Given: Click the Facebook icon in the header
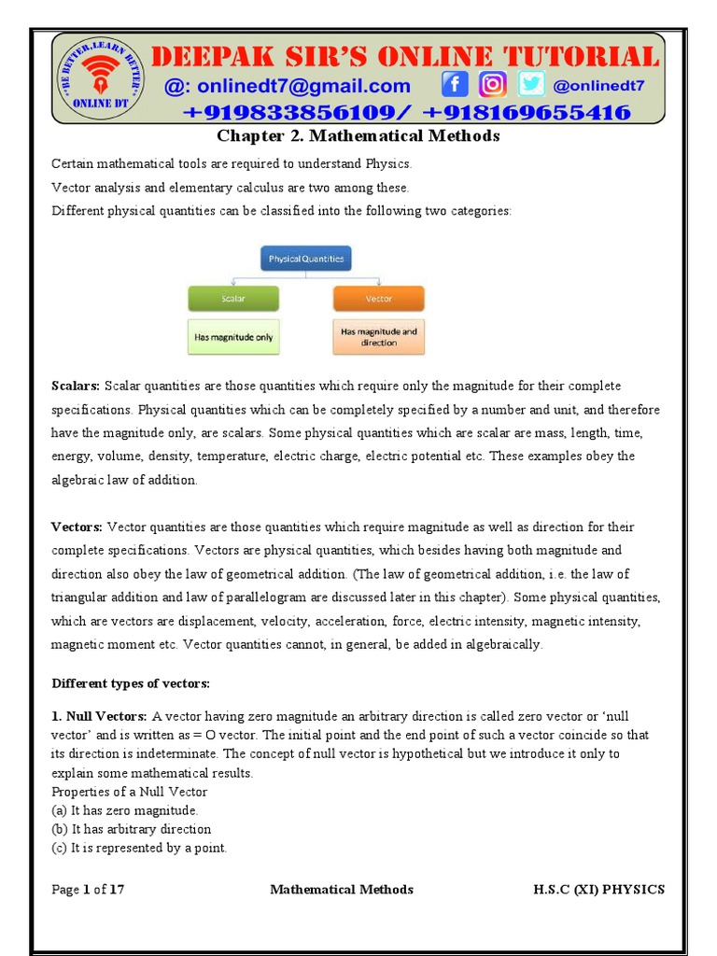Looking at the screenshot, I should pyautogui.click(x=456, y=85).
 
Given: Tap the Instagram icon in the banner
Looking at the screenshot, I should pyautogui.click(x=493, y=85).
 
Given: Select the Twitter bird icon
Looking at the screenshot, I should pyautogui.click(x=531, y=85).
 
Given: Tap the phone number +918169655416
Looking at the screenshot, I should pyautogui.click(x=528, y=113).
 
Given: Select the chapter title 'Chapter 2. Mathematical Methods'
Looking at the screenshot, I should pyautogui.click(x=358, y=136).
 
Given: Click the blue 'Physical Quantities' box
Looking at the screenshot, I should pyautogui.click(x=305, y=259).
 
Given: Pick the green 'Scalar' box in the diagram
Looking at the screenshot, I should pyautogui.click(x=233, y=299).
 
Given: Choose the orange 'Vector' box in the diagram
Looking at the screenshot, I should pyautogui.click(x=378, y=299).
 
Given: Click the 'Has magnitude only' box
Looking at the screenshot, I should pyautogui.click(x=233, y=337).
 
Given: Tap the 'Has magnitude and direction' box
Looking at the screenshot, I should pyautogui.click(x=378, y=337).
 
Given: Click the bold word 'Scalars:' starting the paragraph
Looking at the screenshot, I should pyautogui.click(x=76, y=387).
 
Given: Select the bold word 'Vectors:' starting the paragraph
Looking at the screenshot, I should pyautogui.click(x=77, y=527).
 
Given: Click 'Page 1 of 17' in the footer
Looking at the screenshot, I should pyautogui.click(x=88, y=890).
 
